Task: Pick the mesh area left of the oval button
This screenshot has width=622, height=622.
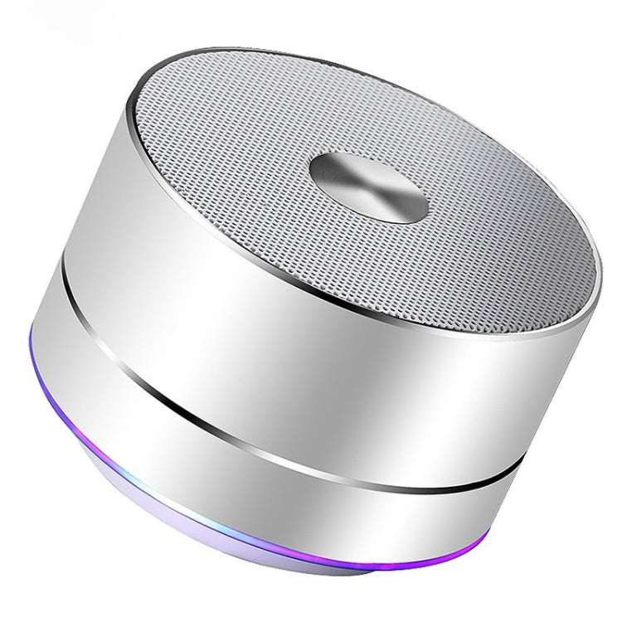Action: (249, 149)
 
